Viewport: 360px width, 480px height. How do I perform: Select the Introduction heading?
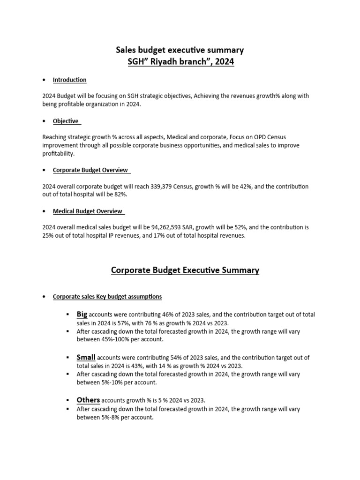tap(69, 80)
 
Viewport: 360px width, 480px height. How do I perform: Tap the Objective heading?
tap(66, 121)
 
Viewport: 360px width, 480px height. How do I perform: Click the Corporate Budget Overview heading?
tap(90, 170)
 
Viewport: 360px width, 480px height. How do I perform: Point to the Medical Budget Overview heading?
tap(88, 211)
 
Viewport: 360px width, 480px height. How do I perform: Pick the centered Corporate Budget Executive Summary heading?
tap(185, 270)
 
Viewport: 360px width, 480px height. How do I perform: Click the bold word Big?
tap(82, 315)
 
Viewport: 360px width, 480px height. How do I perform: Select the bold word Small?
tap(86, 358)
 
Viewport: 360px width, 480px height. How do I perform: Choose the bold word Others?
tap(88, 400)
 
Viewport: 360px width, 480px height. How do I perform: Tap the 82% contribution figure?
tap(121, 194)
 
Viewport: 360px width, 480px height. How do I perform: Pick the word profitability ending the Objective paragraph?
tap(58, 154)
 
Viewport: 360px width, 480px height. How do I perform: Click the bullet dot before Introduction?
tap(44, 80)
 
